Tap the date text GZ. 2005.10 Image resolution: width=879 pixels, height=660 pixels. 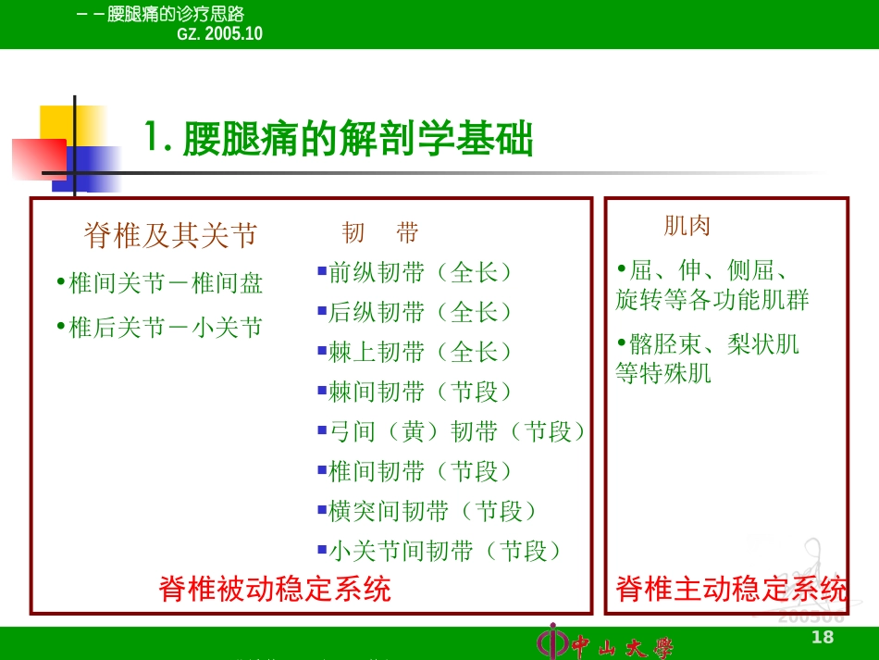(x=219, y=33)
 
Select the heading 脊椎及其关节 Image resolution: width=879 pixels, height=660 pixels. (x=170, y=235)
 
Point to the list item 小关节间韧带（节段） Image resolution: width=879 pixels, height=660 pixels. (x=445, y=551)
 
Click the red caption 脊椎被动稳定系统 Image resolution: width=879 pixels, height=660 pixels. (x=275, y=589)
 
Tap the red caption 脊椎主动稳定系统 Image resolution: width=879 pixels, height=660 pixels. (x=731, y=589)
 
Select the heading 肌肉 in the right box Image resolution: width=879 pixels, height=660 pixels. (x=687, y=225)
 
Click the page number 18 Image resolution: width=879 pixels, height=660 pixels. (x=822, y=636)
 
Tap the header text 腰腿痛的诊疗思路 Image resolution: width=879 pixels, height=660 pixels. (x=176, y=14)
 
